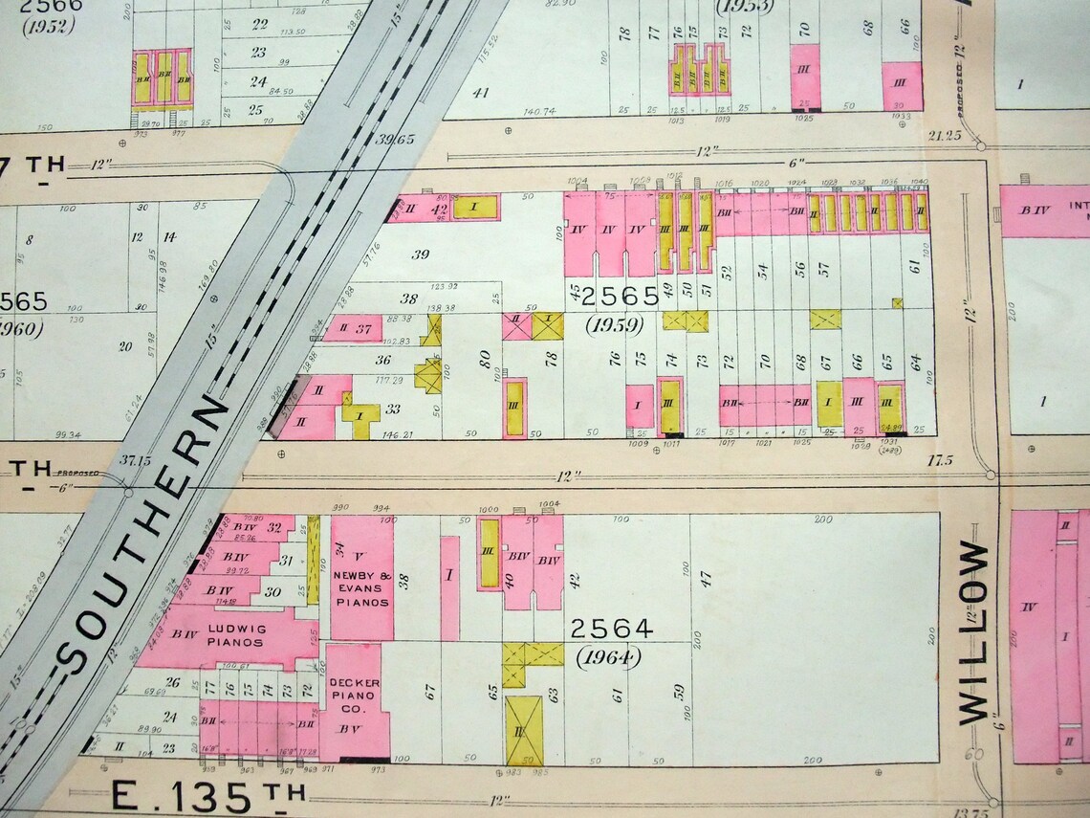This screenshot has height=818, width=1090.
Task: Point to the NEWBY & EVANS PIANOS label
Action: pos(361,587)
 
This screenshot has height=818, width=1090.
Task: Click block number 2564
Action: pos(611,629)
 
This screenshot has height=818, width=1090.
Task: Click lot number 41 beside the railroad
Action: pos(480,92)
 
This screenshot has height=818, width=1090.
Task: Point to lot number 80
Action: pos(485,360)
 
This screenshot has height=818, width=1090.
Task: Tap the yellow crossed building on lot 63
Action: pos(524,729)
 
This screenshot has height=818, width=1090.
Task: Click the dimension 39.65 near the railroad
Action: pos(395,140)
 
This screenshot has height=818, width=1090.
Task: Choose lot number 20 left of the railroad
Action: pos(124,346)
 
